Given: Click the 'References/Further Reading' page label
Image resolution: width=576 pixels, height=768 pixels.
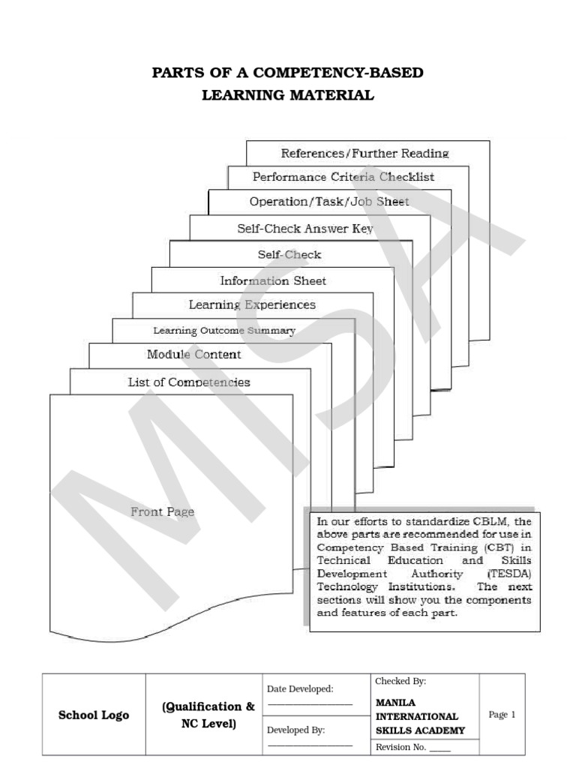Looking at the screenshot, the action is click(364, 153).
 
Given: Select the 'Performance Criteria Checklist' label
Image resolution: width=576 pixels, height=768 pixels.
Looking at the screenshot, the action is click(343, 177).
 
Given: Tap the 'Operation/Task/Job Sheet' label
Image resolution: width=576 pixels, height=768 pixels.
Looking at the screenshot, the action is click(329, 202).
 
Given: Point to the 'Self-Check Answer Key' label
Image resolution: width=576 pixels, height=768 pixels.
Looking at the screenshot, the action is click(305, 229).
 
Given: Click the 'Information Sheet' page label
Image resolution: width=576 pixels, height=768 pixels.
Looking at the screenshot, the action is click(273, 280).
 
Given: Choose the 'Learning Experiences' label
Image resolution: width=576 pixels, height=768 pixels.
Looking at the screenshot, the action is click(252, 304).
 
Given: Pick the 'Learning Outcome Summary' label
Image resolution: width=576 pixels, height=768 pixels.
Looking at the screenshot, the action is click(224, 330).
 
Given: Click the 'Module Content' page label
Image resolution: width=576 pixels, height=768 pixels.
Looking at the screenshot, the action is click(194, 354).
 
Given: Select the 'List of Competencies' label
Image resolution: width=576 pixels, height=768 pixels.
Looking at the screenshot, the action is click(189, 382).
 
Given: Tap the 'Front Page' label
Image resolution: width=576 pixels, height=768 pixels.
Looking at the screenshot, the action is click(163, 511).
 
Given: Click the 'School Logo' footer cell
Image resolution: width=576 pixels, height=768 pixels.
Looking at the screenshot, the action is click(94, 715).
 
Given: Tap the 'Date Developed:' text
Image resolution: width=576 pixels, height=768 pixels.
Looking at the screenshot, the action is click(300, 688).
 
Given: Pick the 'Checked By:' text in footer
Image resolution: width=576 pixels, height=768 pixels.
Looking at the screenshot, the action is click(400, 681).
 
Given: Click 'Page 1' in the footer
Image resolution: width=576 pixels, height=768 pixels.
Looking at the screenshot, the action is click(502, 715).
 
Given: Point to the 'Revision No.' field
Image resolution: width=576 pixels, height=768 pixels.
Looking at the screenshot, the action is click(400, 747).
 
